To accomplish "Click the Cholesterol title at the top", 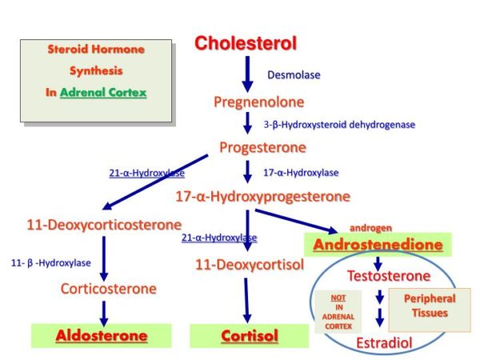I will (246, 43).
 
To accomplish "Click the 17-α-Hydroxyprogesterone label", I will (262, 196).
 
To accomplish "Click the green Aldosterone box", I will (101, 336).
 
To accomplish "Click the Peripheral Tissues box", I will (430, 306).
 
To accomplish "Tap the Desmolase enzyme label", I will (294, 75).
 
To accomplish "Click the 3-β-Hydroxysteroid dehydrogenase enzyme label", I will (339, 125).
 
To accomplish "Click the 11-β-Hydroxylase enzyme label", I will (51, 262).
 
